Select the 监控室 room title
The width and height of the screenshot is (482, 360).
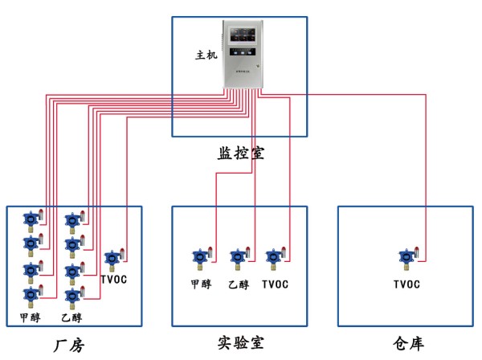click(x=240, y=153)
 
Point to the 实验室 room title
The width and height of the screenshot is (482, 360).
click(x=240, y=344)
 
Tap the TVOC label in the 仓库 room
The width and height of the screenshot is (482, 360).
click(x=407, y=284)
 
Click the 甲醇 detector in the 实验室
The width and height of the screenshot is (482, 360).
click(x=199, y=257)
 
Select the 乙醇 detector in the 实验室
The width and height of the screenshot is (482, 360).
click(x=238, y=257)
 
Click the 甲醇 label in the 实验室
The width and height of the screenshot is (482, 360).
click(x=200, y=284)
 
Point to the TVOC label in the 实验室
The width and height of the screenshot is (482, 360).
click(x=275, y=284)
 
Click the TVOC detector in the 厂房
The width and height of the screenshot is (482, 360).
click(x=112, y=259)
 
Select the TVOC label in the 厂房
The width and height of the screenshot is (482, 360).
click(x=115, y=280)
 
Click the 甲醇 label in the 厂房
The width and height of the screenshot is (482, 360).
click(x=30, y=317)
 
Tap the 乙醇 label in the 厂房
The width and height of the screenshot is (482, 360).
click(x=71, y=317)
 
